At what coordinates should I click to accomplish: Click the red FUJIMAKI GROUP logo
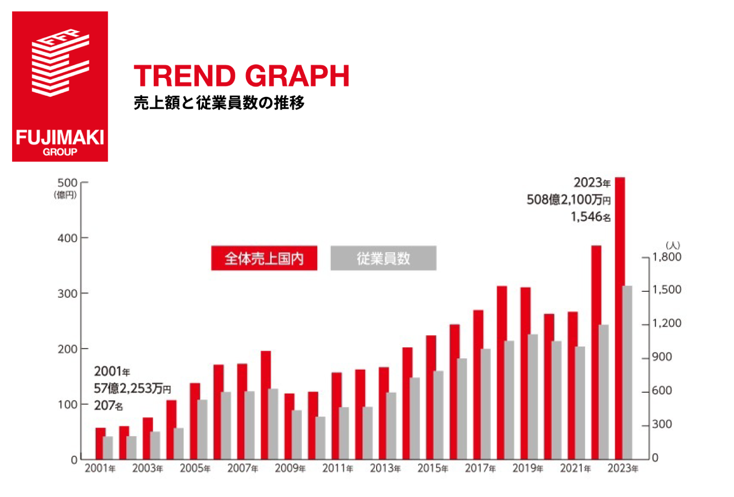pyautogui.click(x=60, y=86)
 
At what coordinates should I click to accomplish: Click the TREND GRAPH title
pyautogui.click(x=241, y=77)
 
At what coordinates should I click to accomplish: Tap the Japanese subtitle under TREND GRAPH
pyautogui.click(x=218, y=104)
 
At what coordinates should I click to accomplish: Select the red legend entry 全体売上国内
pyautogui.click(x=264, y=258)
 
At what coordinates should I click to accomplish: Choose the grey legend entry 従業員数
pyautogui.click(x=383, y=258)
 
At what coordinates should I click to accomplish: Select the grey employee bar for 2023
pyautogui.click(x=627, y=373)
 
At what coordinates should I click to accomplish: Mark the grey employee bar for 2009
pyautogui.click(x=296, y=435)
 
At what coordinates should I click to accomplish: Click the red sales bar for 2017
pyautogui.click(x=478, y=384)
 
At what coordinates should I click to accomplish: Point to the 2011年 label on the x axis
pyautogui.click(x=337, y=469)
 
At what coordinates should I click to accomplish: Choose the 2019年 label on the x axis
pyautogui.click(x=527, y=469)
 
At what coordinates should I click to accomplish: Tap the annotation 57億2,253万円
pyautogui.click(x=132, y=389)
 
